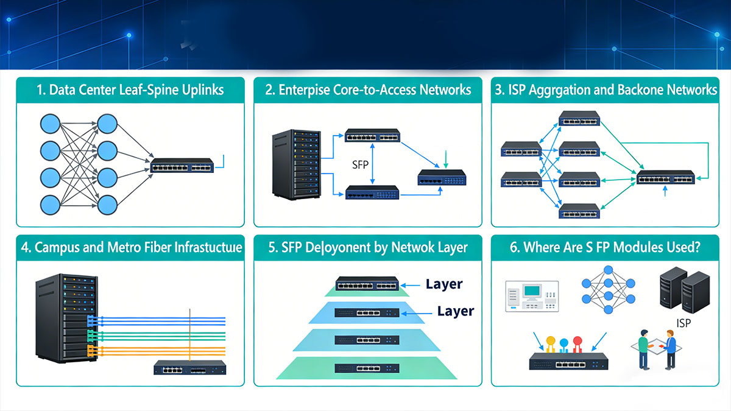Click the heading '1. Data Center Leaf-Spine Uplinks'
[130, 90]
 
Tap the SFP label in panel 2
[361, 164]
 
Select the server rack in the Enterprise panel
[296, 164]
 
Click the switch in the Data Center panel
[182, 166]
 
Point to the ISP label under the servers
[684, 323]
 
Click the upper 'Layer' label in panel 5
[444, 284]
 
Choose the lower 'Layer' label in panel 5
[456, 311]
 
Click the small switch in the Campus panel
[189, 367]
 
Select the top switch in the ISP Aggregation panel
[579, 118]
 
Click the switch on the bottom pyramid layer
[367, 367]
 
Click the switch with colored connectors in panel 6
[568, 362]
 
